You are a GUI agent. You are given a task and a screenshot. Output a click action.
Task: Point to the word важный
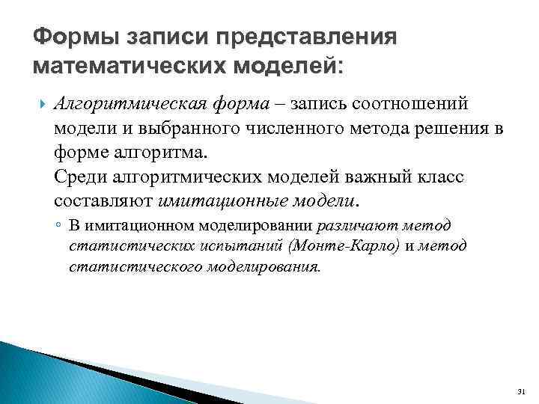[x=369, y=178]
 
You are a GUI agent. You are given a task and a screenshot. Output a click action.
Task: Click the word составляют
[x=104, y=202]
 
